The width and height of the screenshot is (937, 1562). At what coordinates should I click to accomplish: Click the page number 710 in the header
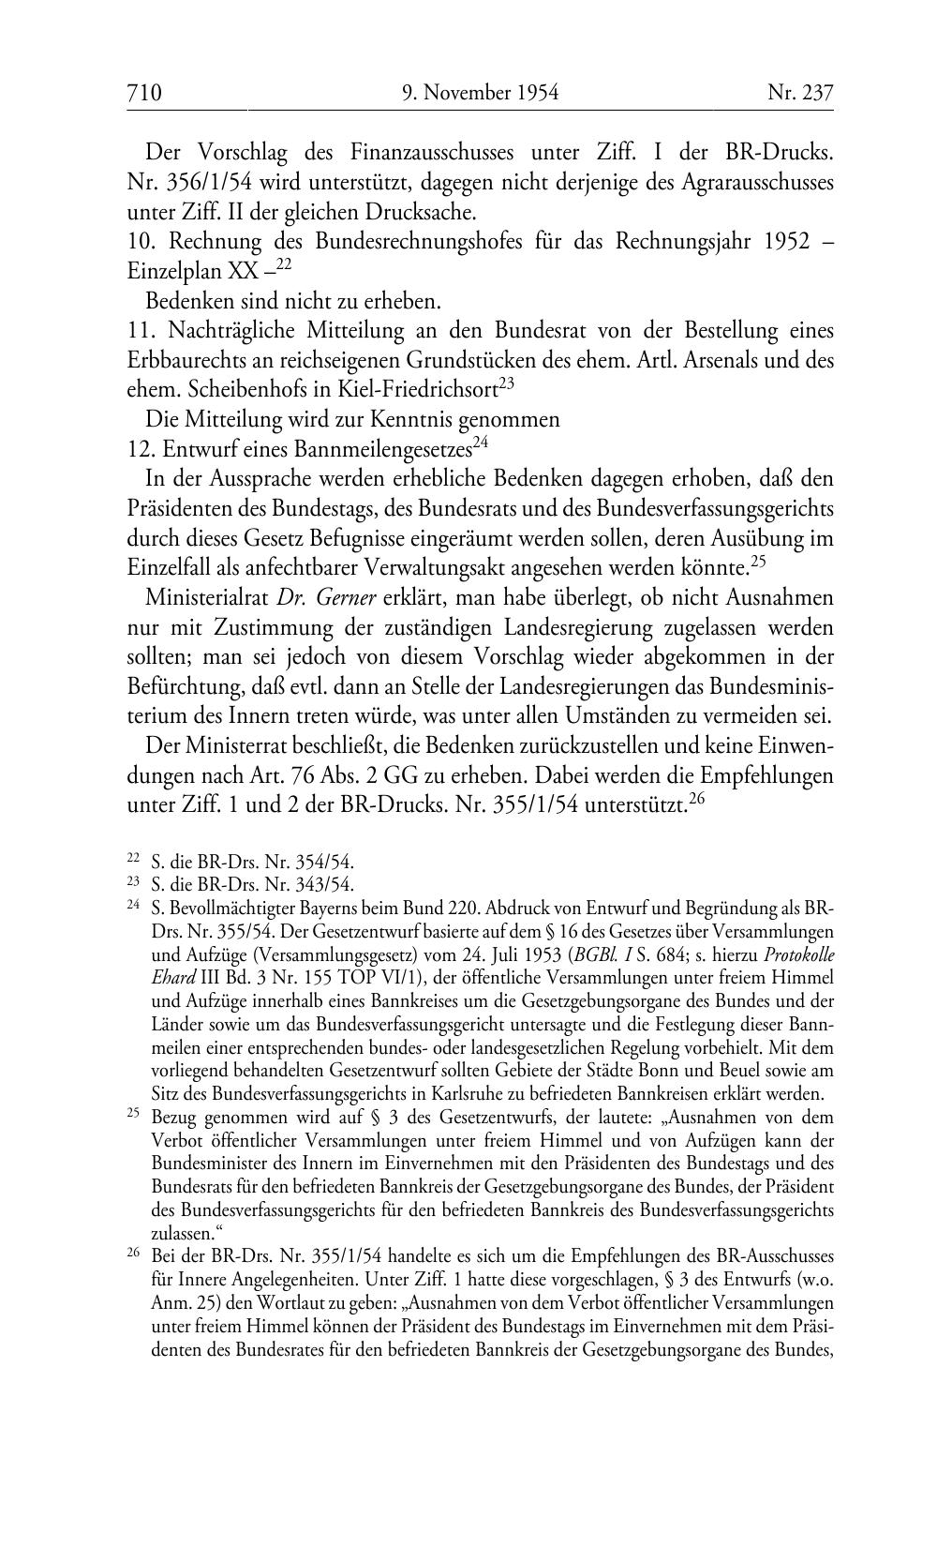(x=144, y=92)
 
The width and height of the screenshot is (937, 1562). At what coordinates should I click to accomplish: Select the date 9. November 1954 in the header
(x=480, y=92)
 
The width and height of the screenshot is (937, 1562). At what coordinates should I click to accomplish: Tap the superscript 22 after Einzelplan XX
(x=284, y=265)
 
